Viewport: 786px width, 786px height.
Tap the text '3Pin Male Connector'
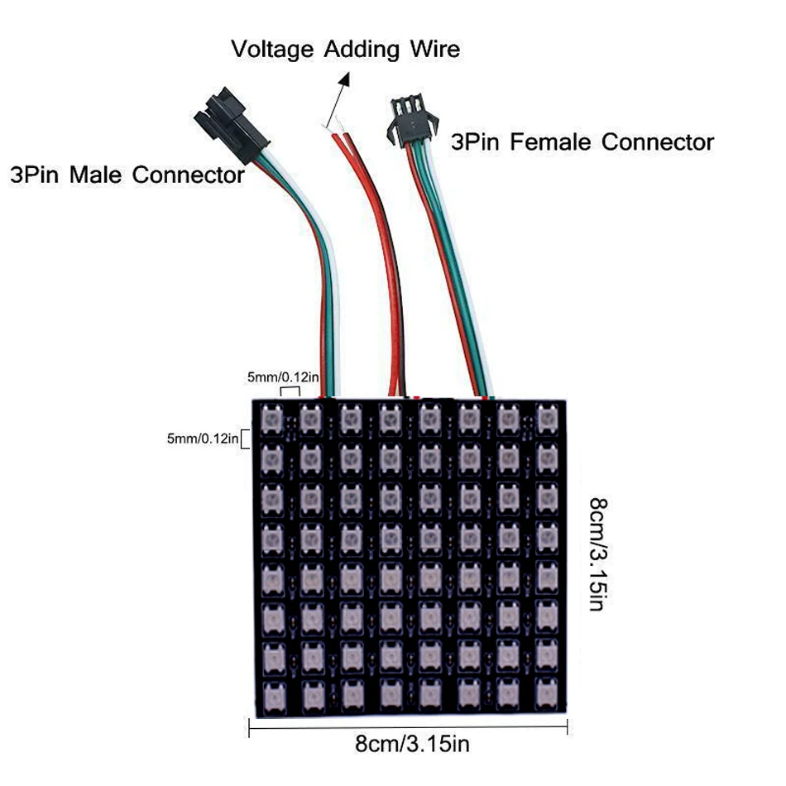[127, 175]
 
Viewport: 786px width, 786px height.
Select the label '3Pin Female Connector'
[582, 141]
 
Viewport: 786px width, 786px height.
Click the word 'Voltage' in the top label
[274, 50]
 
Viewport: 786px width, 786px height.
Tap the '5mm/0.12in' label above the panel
[281, 377]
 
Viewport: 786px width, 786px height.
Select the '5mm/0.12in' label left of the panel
[203, 438]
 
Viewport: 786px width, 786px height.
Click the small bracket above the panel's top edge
[290, 391]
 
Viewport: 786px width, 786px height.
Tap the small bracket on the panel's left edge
[245, 438]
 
